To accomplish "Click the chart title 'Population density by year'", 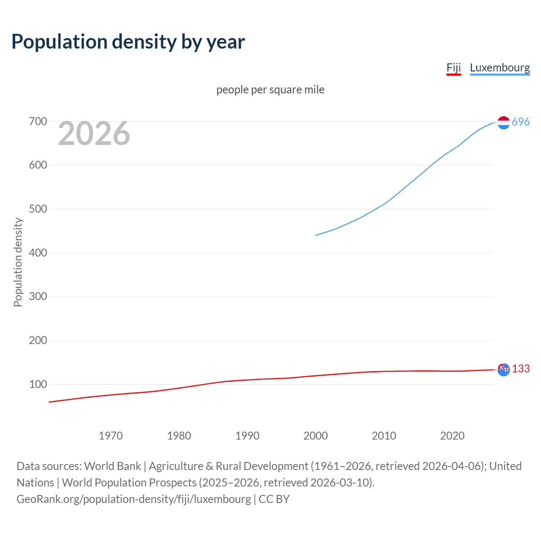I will coord(128,41).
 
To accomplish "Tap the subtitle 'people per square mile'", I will coord(270,90).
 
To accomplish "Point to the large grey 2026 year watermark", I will coord(94,134).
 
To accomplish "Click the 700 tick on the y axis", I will coord(38,122).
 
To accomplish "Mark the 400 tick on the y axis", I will coord(38,253).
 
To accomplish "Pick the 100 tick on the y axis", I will coord(38,384).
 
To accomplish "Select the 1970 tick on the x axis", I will coord(111,436).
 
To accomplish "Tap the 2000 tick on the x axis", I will coord(315,436).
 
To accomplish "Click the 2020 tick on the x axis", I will coord(452,436).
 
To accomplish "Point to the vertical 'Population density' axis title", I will coord(18,262).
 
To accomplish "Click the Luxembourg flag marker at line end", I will coord(503,123).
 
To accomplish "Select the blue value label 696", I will coord(521,122).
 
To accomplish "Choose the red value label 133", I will coord(521,369).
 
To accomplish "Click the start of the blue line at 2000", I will coord(316,235).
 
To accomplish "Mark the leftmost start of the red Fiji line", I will coord(49,402).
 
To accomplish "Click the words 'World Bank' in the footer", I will coord(112,466).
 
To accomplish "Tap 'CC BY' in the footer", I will coord(274,499).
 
